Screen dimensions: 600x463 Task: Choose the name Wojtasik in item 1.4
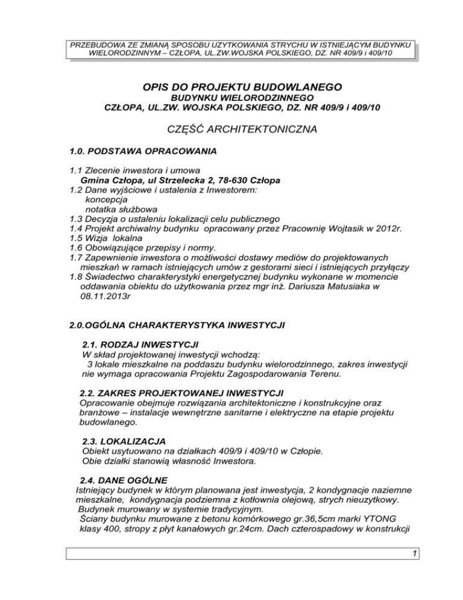[326, 230]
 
